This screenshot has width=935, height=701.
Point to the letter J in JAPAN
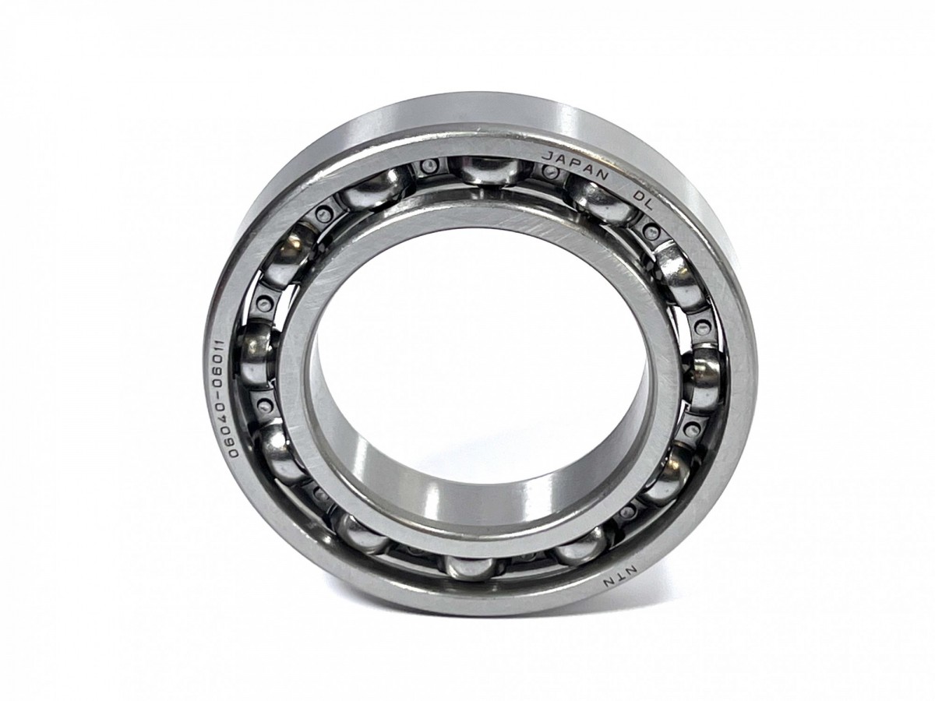(x=545, y=157)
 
